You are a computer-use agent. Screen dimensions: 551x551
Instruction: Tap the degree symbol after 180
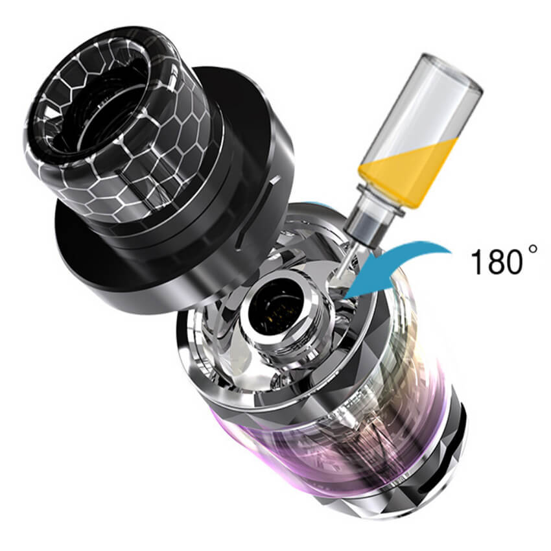[532, 249]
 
